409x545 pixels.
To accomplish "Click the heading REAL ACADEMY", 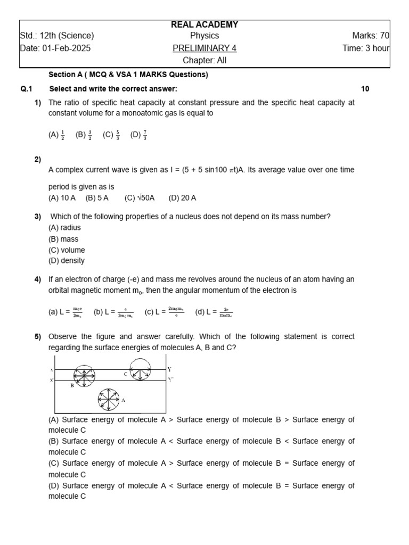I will pyautogui.click(x=204, y=24).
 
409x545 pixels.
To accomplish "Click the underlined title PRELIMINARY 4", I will pyautogui.click(x=204, y=48).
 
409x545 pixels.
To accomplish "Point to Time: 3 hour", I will pyautogui.click(x=366, y=48).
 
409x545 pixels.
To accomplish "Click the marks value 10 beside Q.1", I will pyautogui.click(x=365, y=89).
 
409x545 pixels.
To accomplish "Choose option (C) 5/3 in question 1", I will pyautogui.click(x=111, y=135).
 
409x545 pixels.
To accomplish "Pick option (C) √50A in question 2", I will pyautogui.click(x=140, y=198).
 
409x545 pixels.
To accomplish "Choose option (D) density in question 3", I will pyautogui.click(x=67, y=261).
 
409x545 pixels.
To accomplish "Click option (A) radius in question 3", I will pyautogui.click(x=64, y=228).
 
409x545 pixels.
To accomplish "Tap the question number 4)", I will pyautogui.click(x=38, y=279).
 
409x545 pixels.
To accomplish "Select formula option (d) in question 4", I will pyautogui.click(x=214, y=312).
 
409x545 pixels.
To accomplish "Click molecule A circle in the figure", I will pyautogui.click(x=109, y=399).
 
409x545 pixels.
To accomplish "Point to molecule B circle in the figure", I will pyautogui.click(x=84, y=376).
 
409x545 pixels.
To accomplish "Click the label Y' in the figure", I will pyautogui.click(x=170, y=380).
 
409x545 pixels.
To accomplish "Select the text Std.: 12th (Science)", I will pyautogui.click(x=57, y=36).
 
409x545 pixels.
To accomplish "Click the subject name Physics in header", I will pyautogui.click(x=204, y=36).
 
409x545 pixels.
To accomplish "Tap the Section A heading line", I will pyautogui.click(x=128, y=75).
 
